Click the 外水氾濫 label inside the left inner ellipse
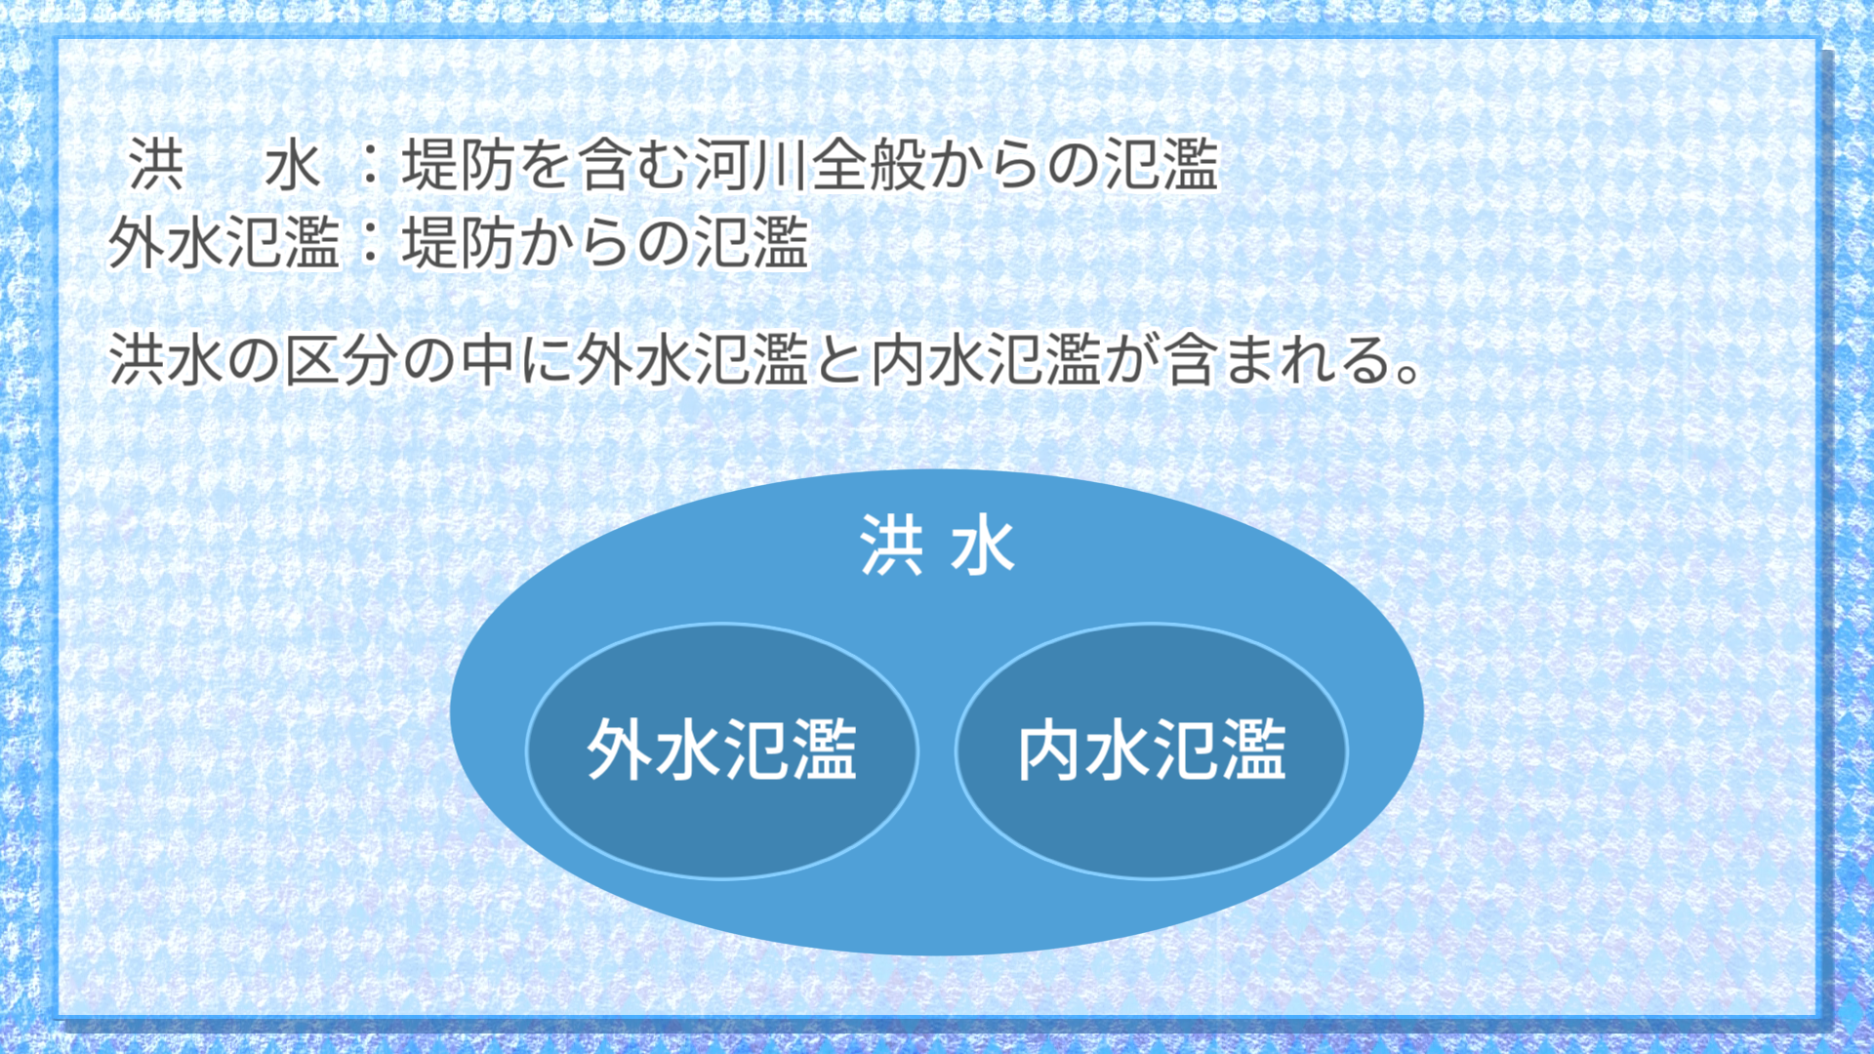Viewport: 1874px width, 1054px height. [x=721, y=750]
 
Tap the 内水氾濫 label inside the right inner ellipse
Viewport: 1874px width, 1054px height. [x=1152, y=750]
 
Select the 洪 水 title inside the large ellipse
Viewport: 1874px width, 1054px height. [x=937, y=545]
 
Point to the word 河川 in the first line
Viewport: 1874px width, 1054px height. [x=751, y=164]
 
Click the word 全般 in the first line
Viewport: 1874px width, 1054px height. [x=868, y=164]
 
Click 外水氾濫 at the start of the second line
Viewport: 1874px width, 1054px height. [x=224, y=242]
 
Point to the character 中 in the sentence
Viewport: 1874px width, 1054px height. [x=487, y=359]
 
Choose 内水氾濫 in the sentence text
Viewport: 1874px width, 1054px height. [x=986, y=359]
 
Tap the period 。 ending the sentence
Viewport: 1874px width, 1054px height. [x=1408, y=372]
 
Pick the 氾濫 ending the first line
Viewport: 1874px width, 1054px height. [x=1161, y=164]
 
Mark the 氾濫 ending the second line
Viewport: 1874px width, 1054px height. [x=752, y=242]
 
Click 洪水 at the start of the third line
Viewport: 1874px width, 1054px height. [x=165, y=359]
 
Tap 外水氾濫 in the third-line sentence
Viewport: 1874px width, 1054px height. [x=692, y=359]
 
